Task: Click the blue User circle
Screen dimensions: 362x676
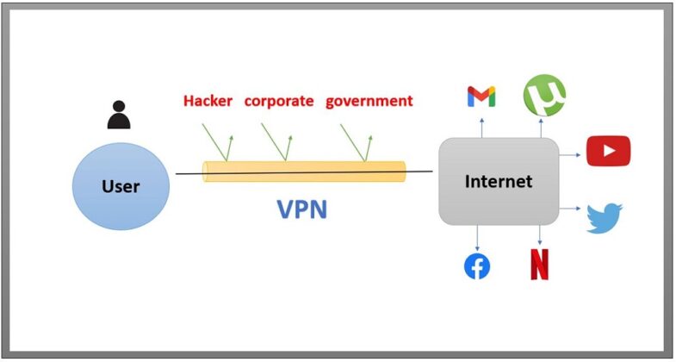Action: (x=121, y=185)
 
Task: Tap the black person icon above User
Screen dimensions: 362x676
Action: (x=119, y=115)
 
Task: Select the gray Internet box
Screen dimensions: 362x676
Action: (x=499, y=182)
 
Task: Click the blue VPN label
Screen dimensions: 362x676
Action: (x=301, y=209)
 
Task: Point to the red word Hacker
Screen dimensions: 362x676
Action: (x=208, y=101)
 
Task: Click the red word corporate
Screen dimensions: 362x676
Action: (x=279, y=101)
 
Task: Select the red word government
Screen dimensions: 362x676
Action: (x=369, y=101)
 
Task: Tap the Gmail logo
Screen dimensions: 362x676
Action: (x=481, y=97)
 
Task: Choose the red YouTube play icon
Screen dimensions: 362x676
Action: (x=608, y=151)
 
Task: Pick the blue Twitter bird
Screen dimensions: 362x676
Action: (x=604, y=218)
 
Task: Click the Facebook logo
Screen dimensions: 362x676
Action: (x=477, y=267)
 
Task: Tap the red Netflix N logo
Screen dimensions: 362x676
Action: (x=540, y=265)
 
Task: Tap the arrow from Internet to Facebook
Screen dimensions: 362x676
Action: (x=477, y=237)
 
